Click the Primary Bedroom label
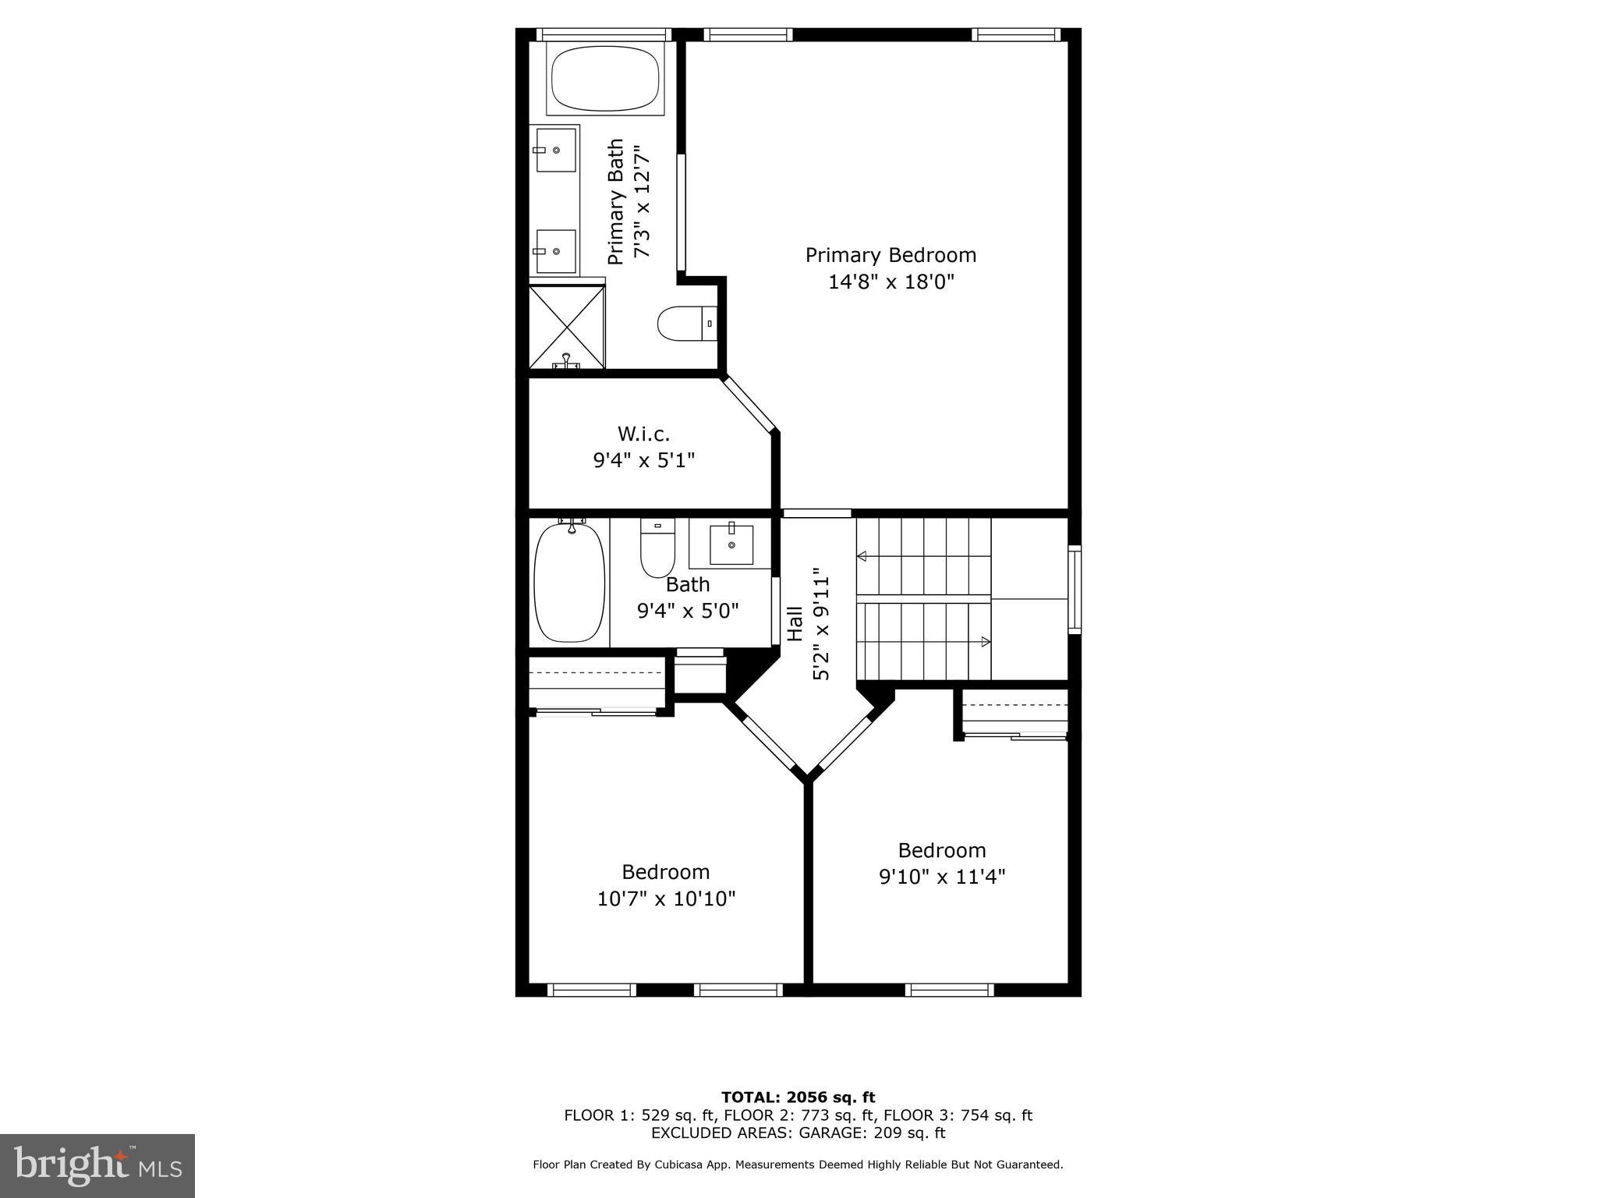point(891,255)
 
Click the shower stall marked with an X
point(567,327)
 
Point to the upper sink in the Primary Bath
point(556,150)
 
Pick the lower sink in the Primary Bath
point(556,251)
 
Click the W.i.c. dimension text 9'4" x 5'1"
point(643,460)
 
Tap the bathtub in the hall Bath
point(569,582)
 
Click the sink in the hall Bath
point(731,544)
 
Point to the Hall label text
point(795,624)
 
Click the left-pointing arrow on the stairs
point(862,556)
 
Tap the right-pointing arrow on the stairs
point(985,642)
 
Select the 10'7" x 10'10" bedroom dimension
point(666,899)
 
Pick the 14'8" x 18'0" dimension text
point(891,282)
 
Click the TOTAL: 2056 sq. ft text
point(798,1097)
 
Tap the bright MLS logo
point(97,1166)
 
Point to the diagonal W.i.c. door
point(749,404)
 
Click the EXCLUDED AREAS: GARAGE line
point(798,1132)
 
